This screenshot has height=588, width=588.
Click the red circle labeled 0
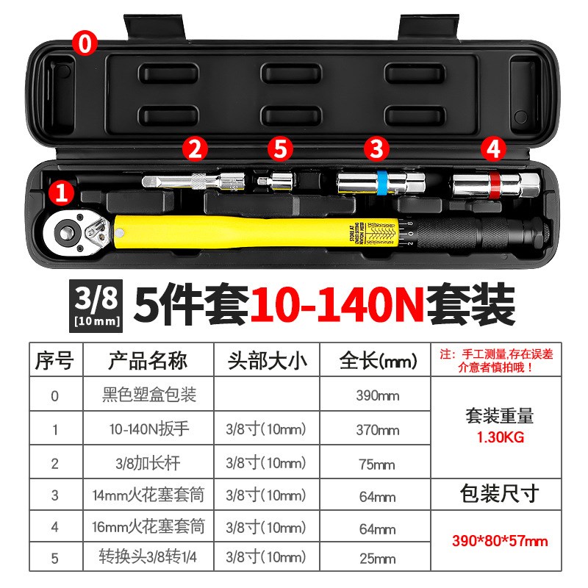[85, 43]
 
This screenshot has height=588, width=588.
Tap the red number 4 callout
[493, 149]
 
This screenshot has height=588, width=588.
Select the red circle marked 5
[279, 149]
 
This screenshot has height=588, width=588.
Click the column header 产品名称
[148, 361]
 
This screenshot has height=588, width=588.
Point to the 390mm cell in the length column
[377, 396]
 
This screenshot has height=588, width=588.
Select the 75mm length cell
[377, 464]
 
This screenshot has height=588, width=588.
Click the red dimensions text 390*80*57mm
[500, 541]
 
